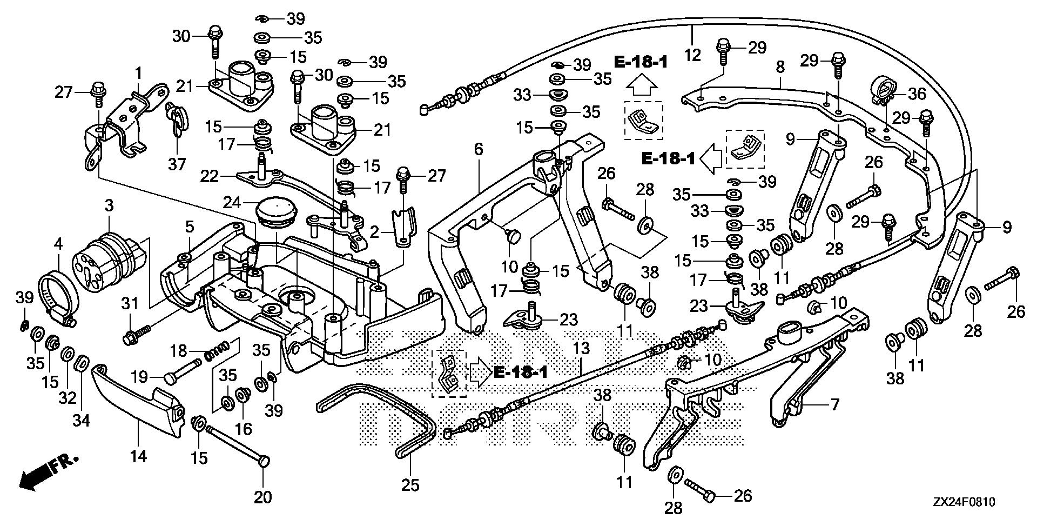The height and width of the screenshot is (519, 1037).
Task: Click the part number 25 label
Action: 410,485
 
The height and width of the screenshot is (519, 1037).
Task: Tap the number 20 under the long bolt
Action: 263,497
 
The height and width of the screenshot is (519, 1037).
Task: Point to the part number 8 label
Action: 779,68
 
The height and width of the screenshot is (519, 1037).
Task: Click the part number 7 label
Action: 835,404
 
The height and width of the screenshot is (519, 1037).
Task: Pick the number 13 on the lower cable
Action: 582,349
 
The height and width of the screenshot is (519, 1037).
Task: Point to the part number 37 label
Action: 177,164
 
